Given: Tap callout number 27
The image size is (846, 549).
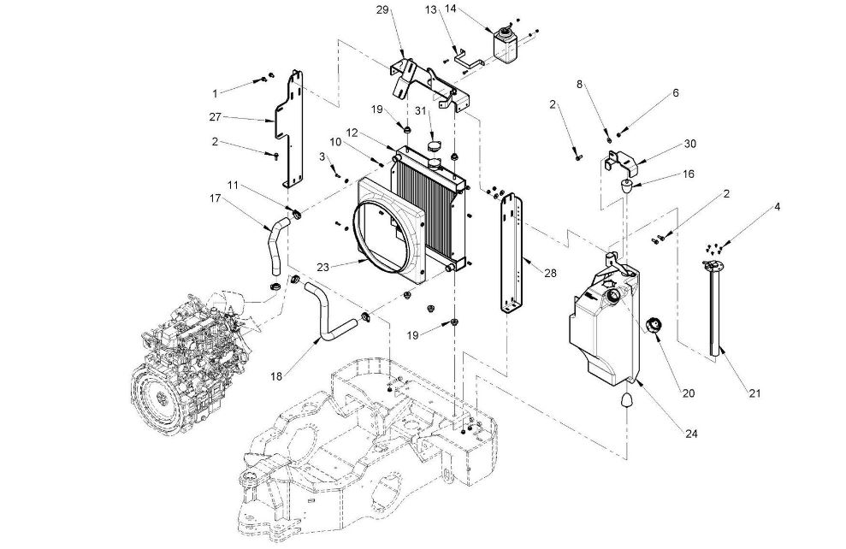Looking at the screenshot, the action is pyautogui.click(x=216, y=116).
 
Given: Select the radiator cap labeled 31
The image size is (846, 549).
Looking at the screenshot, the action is pyautogui.click(x=435, y=145).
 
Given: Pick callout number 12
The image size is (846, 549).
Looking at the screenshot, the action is pyautogui.click(x=352, y=133).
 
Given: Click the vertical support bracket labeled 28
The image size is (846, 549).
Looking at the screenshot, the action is pyautogui.click(x=512, y=253).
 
